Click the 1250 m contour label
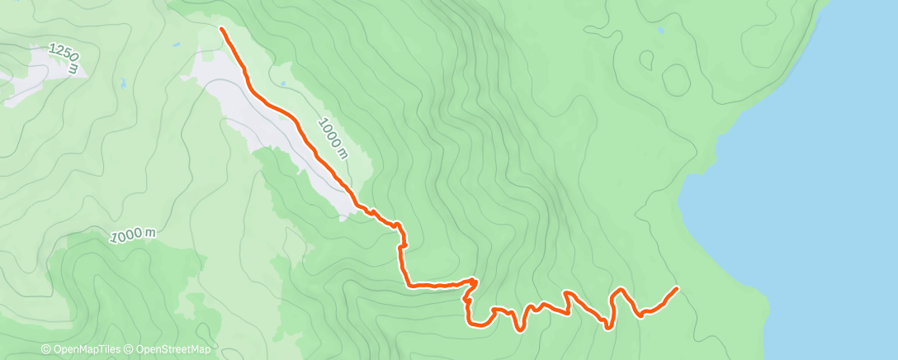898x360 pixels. [64, 58]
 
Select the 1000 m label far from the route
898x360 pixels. [132, 235]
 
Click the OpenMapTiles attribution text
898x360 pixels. [88, 349]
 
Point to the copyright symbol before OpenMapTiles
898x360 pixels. [46, 349]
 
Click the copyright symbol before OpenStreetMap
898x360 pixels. [129, 349]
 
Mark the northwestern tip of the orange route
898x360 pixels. [221, 29]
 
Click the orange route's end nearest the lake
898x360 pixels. [678, 288]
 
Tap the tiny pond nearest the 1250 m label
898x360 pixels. [122, 83]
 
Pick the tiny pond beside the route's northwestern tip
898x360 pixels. [176, 45]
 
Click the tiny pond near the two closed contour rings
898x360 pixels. [660, 31]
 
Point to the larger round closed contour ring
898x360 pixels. [676, 80]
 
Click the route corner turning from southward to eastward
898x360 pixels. [408, 285]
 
